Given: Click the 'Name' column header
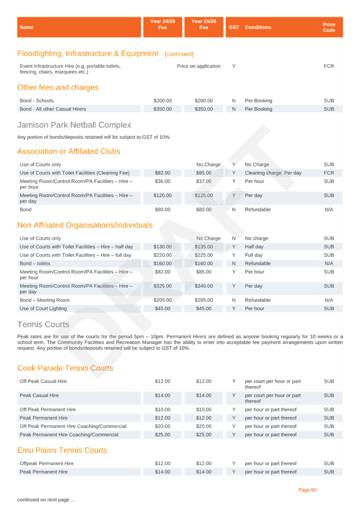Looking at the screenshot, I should point(26,27).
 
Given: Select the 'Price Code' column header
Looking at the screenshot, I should point(329,27).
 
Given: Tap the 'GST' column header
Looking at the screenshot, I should point(234,27).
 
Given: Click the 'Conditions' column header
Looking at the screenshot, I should point(258,27).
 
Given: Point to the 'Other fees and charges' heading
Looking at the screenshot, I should point(58,88).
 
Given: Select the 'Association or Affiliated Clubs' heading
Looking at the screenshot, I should point(69,151).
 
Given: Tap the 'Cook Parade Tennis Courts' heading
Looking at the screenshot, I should point(65,368).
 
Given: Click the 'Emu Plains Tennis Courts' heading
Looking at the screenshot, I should point(62,450).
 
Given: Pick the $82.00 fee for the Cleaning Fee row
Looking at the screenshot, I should point(162,173).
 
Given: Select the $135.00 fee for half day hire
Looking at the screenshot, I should point(204,247).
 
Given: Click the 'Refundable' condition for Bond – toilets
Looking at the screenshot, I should point(257,263).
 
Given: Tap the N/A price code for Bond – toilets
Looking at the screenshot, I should point(329,263).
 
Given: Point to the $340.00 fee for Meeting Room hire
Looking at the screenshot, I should point(204,286).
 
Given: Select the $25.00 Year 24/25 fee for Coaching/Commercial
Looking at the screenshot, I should point(162,435).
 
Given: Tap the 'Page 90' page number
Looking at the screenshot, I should point(307,490).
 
